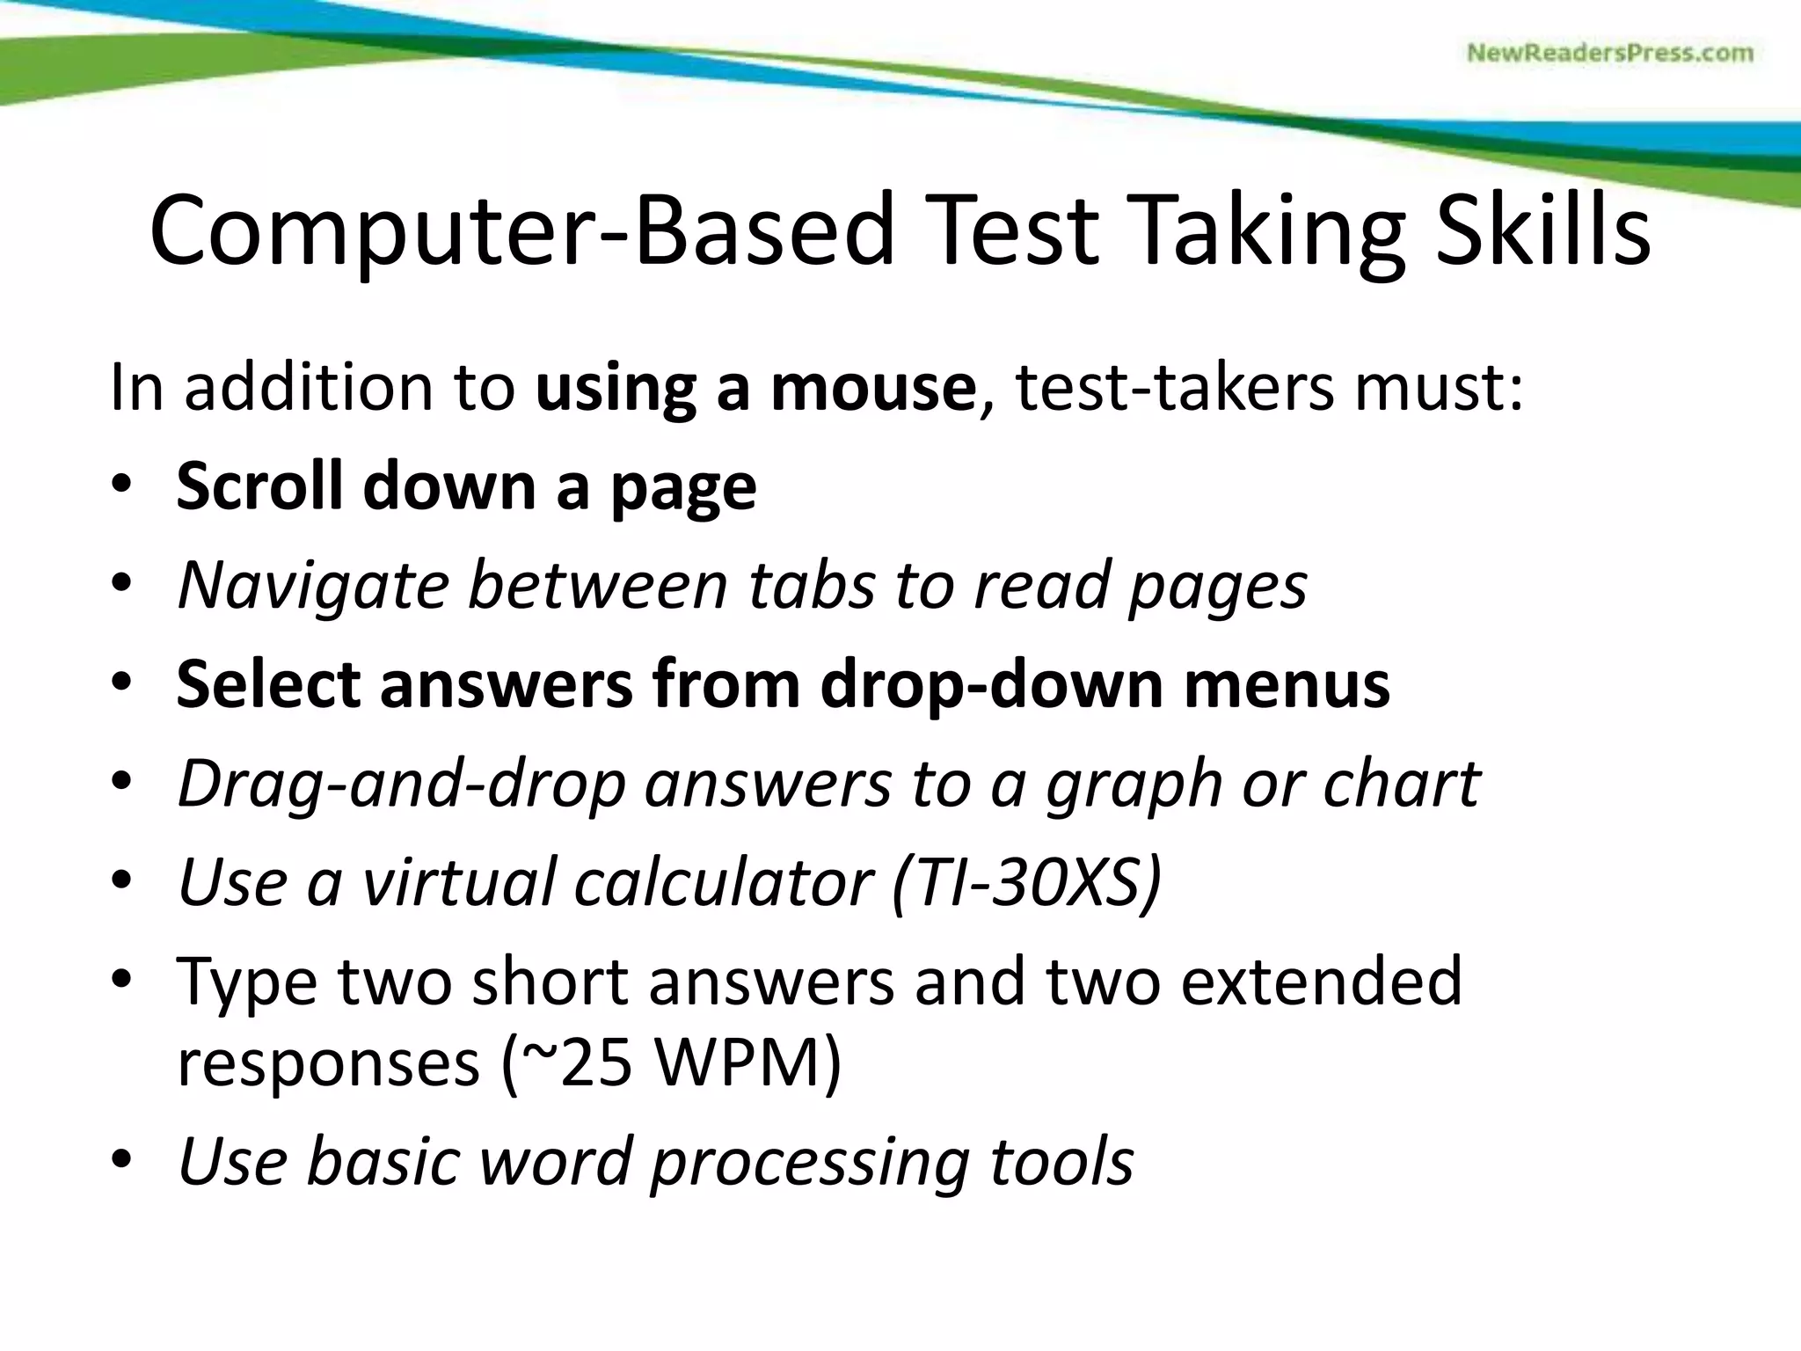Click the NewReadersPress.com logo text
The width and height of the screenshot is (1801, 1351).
coord(1609,54)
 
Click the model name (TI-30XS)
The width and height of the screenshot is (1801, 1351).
coord(1027,882)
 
